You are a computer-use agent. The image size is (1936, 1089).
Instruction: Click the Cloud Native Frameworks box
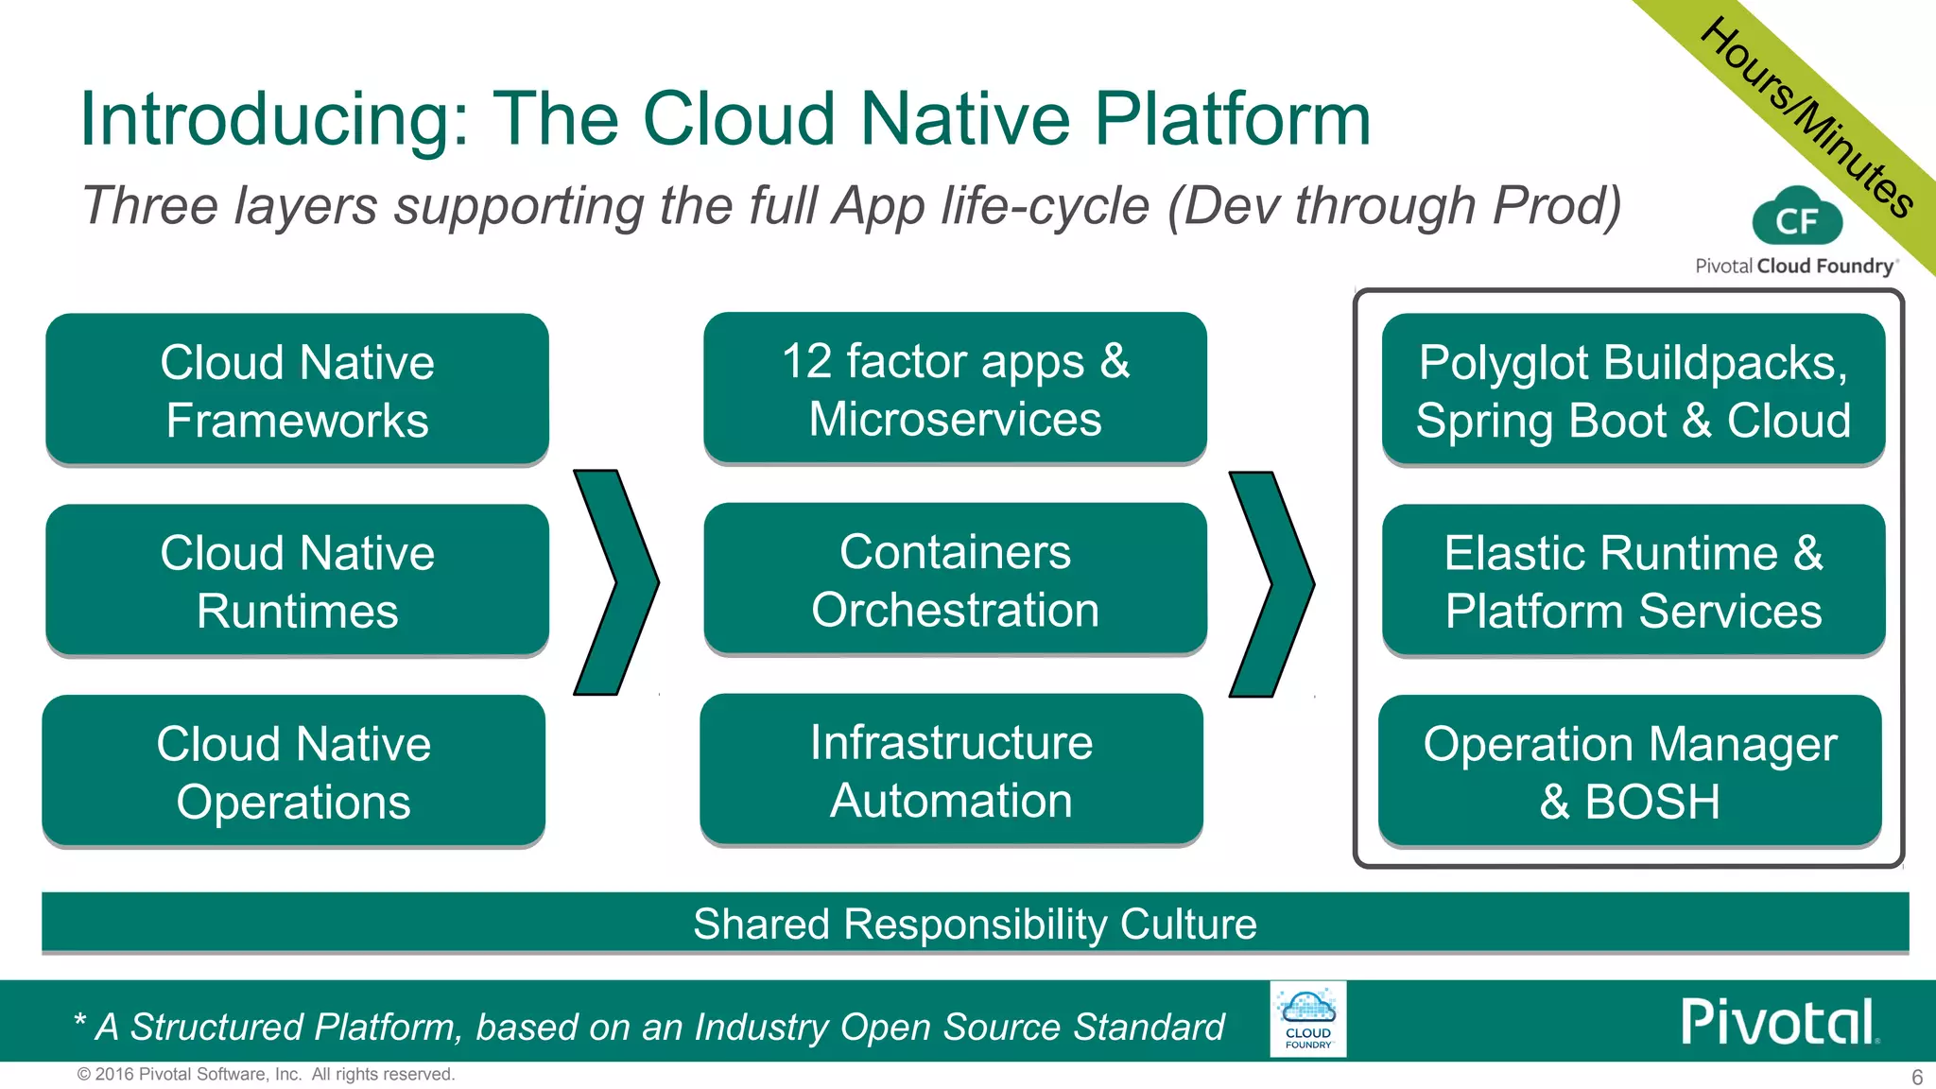point(297,389)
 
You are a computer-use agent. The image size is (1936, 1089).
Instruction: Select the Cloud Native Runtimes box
point(297,580)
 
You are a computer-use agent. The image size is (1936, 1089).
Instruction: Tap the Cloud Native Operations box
point(293,771)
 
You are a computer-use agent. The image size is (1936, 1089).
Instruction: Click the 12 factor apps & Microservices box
point(955,389)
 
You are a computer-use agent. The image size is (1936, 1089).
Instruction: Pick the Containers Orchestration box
point(955,579)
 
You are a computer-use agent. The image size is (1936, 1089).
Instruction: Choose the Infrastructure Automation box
point(951,770)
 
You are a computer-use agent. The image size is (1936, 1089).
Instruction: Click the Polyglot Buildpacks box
point(1633,389)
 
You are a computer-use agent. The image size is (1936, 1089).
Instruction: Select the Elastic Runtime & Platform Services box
point(1633,580)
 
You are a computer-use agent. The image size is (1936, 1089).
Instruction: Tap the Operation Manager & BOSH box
point(1630,771)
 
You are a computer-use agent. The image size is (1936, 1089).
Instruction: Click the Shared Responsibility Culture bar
point(975,924)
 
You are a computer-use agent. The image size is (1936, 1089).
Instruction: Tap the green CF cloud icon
point(1796,219)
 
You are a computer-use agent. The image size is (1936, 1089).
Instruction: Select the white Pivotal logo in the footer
point(1777,1022)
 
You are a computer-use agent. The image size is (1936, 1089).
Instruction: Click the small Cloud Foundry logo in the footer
point(1307,1019)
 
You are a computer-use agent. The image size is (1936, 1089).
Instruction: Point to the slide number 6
point(1917,1077)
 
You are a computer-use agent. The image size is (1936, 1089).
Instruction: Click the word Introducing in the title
point(274,120)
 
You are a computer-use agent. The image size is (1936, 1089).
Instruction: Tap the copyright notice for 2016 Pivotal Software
point(266,1074)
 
